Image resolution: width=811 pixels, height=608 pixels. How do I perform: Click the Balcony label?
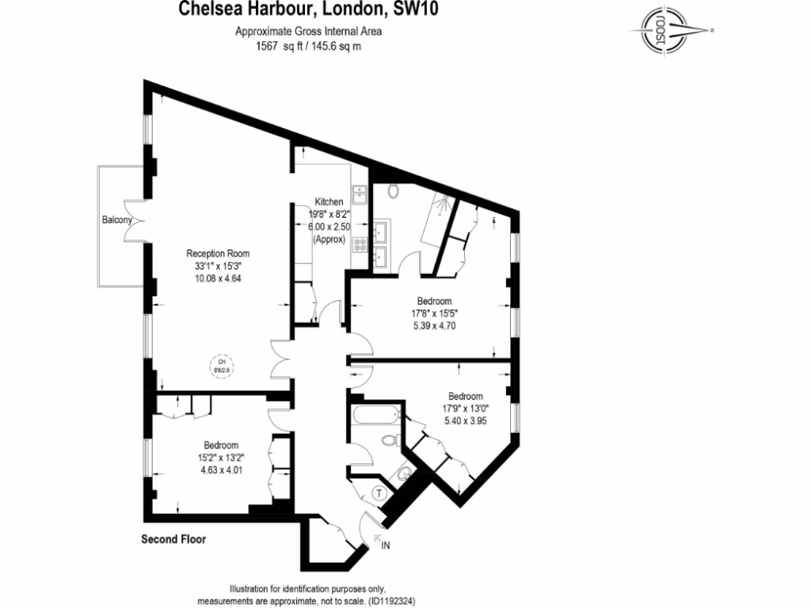(x=116, y=220)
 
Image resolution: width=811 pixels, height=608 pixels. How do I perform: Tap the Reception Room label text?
(x=218, y=254)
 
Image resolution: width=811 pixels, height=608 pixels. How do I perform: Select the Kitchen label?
(x=329, y=202)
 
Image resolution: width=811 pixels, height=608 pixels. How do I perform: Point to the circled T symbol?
(x=379, y=493)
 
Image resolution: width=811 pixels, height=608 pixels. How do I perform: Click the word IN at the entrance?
(x=386, y=545)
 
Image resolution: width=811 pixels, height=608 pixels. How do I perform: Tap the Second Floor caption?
(x=173, y=540)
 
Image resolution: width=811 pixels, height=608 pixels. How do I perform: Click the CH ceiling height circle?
(x=222, y=365)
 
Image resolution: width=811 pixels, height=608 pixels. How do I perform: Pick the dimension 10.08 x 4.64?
(x=218, y=278)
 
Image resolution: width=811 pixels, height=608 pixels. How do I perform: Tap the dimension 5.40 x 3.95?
(x=465, y=420)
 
